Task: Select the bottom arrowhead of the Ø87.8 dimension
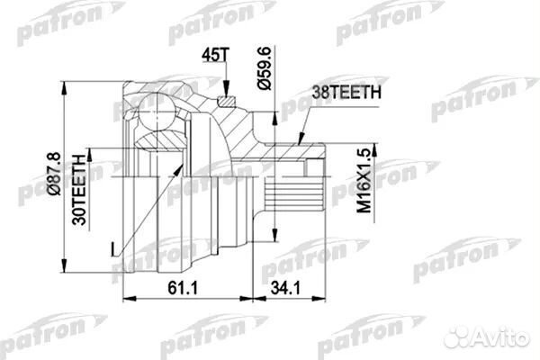pos(66,267)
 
